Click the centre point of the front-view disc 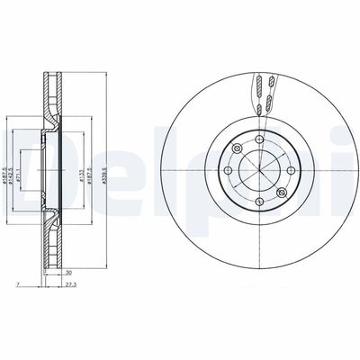(257, 168)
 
